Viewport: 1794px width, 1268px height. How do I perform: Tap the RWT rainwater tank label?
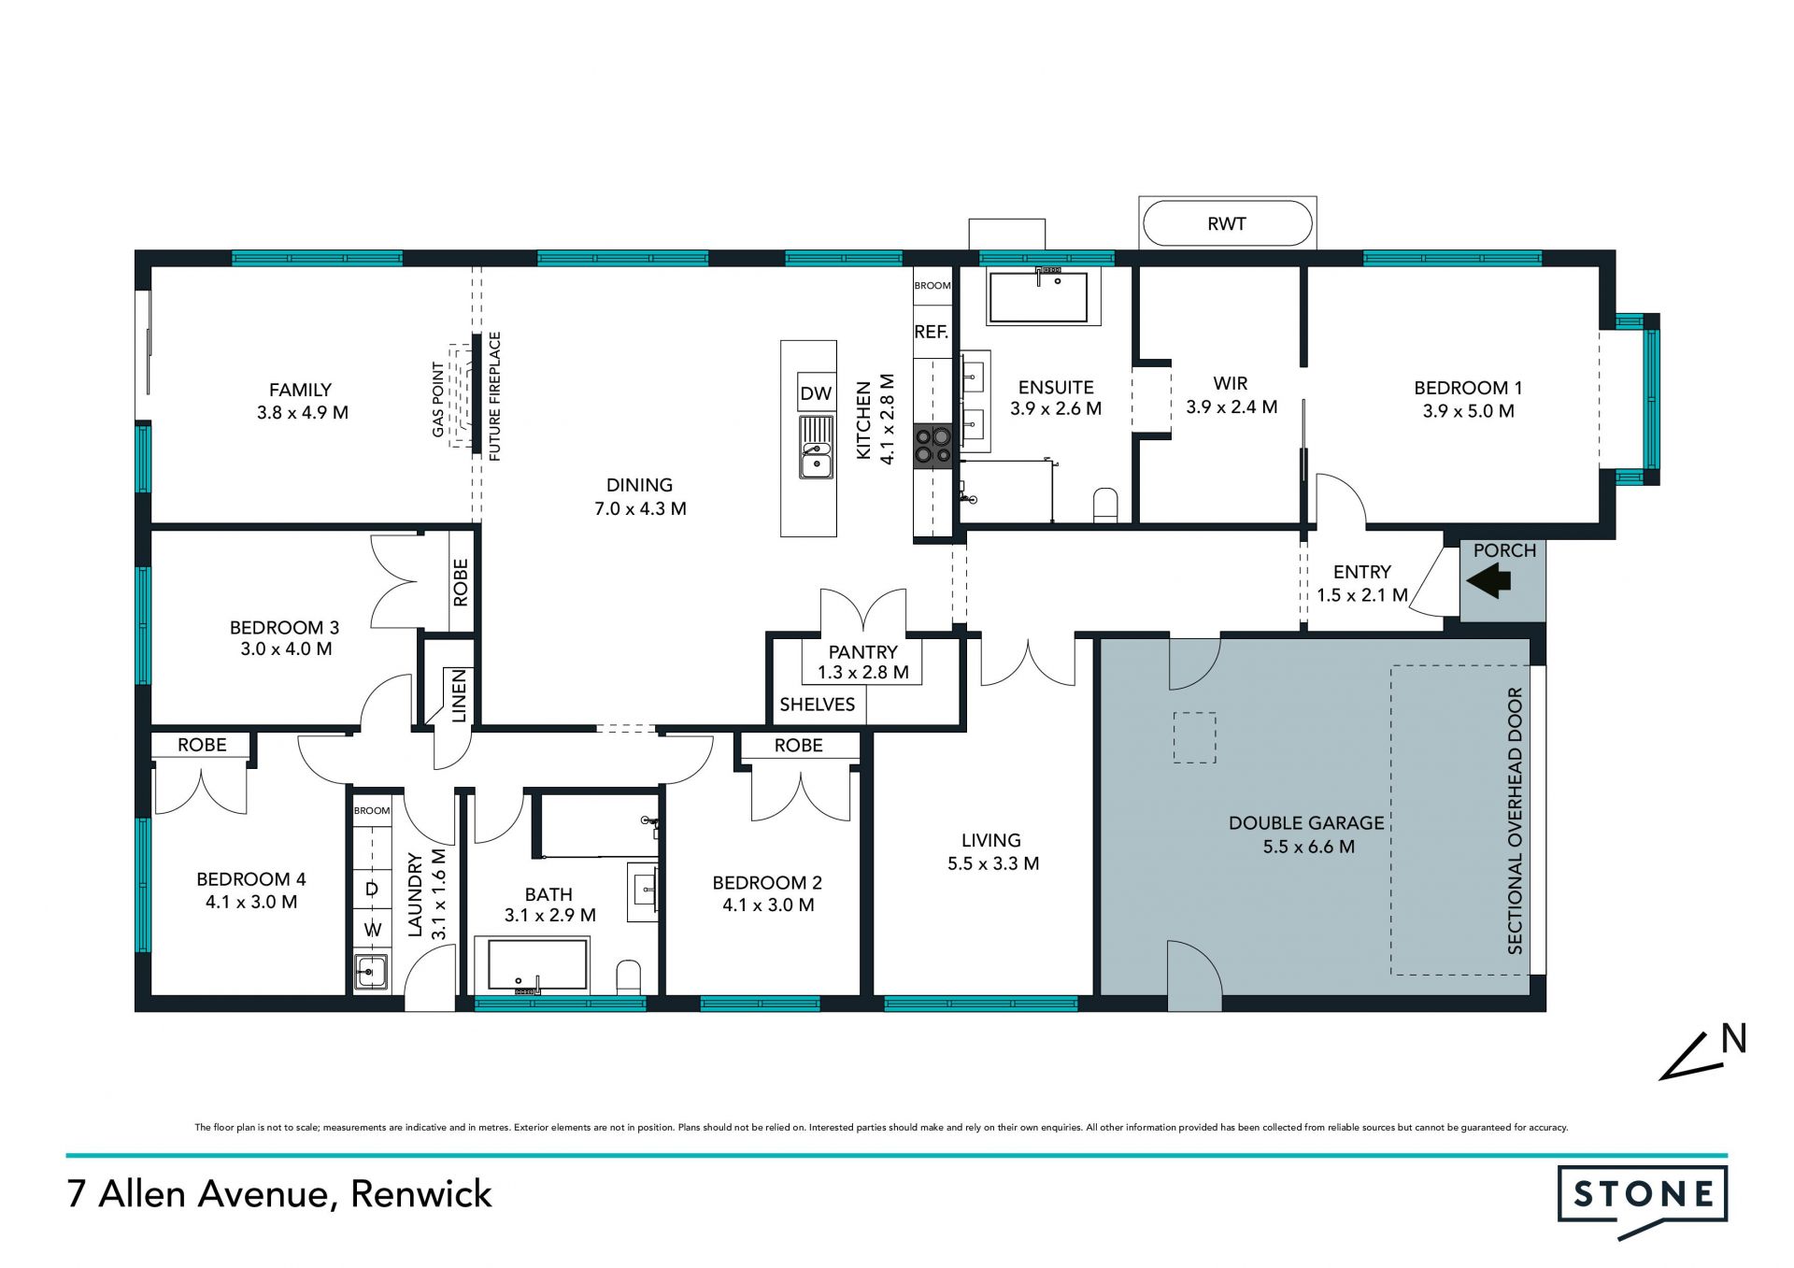[x=1226, y=223]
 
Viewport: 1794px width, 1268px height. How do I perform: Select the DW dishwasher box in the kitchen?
[x=816, y=393]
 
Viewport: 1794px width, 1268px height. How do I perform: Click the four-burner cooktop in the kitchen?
[x=933, y=445]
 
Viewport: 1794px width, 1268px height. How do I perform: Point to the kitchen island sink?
[x=817, y=448]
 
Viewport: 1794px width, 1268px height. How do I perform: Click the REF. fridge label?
[x=931, y=332]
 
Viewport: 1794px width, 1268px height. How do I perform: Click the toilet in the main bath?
[x=629, y=976]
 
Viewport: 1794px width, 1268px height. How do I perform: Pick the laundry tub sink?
[x=371, y=972]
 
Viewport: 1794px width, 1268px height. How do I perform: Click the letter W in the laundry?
[x=373, y=930]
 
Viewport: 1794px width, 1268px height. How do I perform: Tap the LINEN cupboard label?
[x=459, y=696]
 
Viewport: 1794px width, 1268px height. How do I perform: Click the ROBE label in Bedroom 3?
[x=460, y=583]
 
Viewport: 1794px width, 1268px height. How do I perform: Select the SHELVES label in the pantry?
[x=818, y=705]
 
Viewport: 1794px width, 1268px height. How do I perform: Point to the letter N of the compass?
[x=1734, y=1038]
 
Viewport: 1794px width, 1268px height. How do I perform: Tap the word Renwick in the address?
[x=421, y=1194]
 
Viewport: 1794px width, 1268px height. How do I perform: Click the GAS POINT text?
[x=438, y=399]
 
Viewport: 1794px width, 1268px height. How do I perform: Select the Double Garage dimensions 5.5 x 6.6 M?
[x=1308, y=847]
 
